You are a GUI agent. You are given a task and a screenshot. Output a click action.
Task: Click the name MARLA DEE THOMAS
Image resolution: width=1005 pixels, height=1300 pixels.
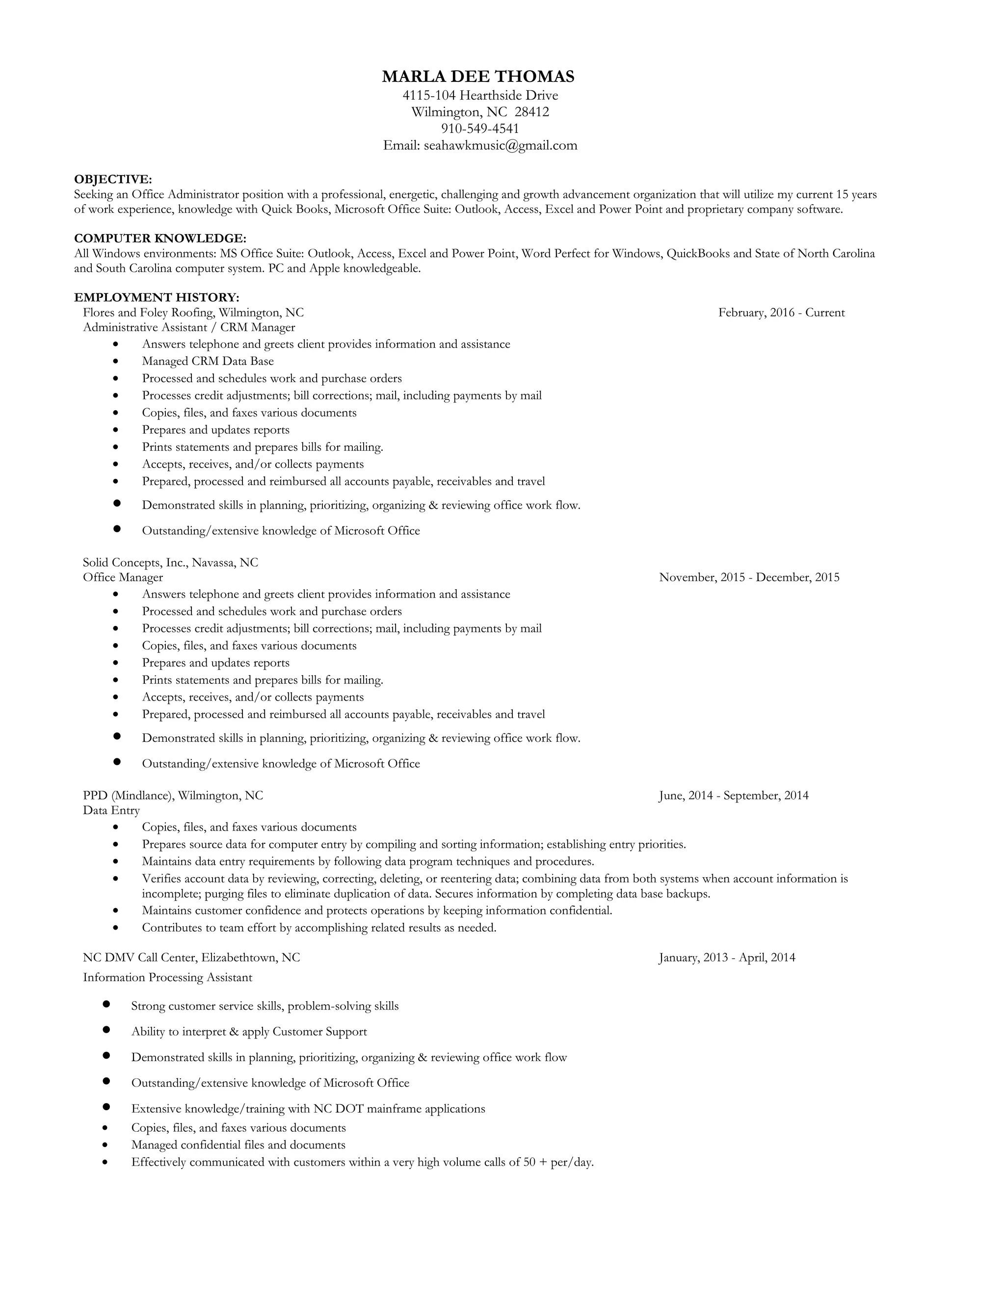click(478, 76)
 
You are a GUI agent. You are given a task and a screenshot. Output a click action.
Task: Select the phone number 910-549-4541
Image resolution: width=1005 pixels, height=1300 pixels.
click(480, 129)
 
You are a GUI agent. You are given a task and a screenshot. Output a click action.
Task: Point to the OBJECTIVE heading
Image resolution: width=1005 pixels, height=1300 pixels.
click(112, 179)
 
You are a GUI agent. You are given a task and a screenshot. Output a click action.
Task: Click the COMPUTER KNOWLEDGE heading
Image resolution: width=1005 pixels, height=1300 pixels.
click(160, 238)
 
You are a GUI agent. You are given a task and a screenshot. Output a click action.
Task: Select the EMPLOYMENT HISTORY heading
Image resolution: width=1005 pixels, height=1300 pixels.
click(157, 297)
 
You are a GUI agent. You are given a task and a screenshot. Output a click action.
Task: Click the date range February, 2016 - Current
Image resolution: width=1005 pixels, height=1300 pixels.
click(781, 312)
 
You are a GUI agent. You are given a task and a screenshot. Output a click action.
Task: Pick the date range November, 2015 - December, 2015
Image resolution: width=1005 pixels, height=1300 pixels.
click(749, 577)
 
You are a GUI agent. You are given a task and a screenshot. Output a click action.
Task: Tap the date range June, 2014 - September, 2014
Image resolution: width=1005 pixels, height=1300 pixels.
click(734, 795)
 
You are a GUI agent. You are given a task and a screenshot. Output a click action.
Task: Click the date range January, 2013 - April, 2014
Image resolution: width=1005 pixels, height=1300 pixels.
click(727, 957)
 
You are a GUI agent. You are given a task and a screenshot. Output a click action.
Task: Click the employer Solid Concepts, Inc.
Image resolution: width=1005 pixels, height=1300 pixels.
click(135, 563)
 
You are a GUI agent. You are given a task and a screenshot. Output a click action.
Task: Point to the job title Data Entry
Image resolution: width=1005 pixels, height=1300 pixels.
click(111, 810)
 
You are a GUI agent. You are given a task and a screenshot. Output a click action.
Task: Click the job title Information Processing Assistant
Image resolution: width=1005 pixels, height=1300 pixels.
click(167, 977)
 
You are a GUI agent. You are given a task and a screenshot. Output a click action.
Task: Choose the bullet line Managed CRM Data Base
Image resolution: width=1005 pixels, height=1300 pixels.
click(208, 362)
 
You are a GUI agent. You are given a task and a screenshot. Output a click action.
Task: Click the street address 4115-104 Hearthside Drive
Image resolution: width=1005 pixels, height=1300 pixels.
click(480, 95)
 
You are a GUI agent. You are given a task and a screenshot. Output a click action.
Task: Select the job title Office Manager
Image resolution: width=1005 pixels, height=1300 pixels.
click(123, 577)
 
